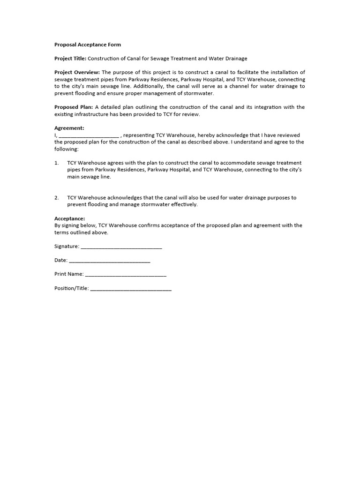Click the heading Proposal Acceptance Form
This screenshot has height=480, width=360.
pyautogui.click(x=88, y=45)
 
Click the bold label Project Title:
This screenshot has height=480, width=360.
pyautogui.click(x=70, y=59)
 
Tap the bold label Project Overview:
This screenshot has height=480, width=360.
pyautogui.click(x=77, y=72)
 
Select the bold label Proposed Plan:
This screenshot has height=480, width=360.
pyautogui.click(x=74, y=107)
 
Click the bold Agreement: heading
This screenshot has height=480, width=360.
pyautogui.click(x=69, y=128)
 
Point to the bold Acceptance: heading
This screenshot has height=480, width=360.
pyautogui.click(x=70, y=218)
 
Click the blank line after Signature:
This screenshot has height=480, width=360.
pyautogui.click(x=121, y=247)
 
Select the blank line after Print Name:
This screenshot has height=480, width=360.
pyautogui.click(x=126, y=274)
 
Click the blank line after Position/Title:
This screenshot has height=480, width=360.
pyautogui.click(x=131, y=289)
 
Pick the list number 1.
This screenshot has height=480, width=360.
pyautogui.click(x=56, y=163)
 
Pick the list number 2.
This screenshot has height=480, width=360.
pyautogui.click(x=56, y=198)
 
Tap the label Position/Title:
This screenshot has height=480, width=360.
pyautogui.click(x=71, y=288)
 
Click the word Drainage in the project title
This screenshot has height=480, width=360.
pyautogui.click(x=235, y=59)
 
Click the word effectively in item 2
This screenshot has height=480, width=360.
pyautogui.click(x=185, y=204)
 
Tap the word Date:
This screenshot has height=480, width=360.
pyautogui.click(x=61, y=260)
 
